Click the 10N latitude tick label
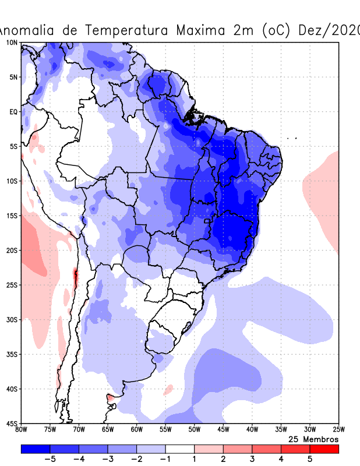click(12, 43)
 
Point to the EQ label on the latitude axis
click(13, 112)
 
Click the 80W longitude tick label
click(22, 430)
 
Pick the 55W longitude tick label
click(165, 430)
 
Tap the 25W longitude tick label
click(338, 430)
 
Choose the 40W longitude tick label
click(252, 430)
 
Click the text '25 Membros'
click(313, 439)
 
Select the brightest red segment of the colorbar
click(324, 449)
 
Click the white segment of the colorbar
click(180, 449)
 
